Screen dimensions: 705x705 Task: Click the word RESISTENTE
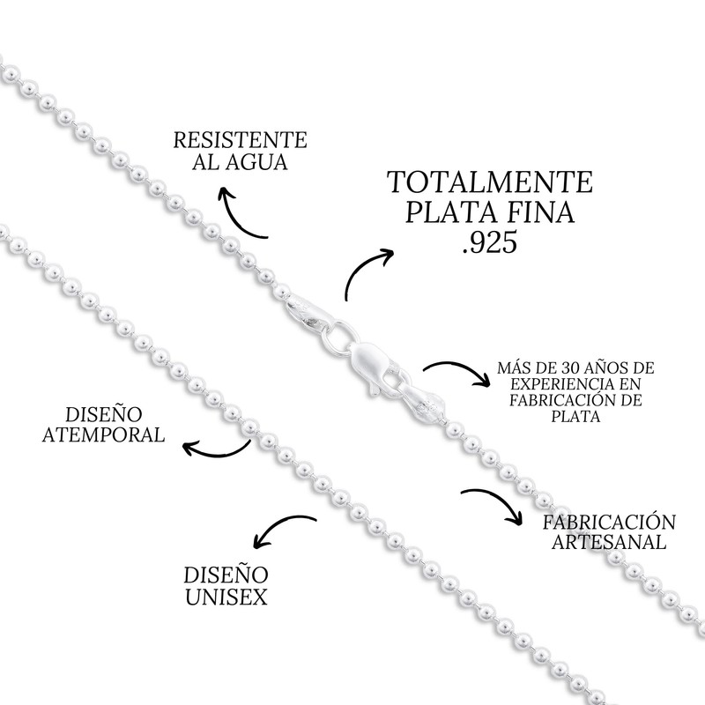tap(240, 140)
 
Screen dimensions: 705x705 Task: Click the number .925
tap(490, 244)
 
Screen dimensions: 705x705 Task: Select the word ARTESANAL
tap(608, 541)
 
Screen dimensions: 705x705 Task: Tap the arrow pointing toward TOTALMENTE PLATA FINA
tap(366, 273)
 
